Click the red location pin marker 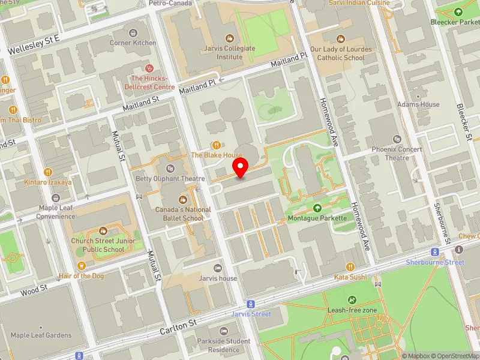pos(241,167)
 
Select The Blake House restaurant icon pos(216,145)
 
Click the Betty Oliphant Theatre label pos(170,178)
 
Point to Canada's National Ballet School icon pos(183,200)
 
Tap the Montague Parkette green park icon pos(317,208)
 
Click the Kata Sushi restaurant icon pos(350,266)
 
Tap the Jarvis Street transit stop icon pos(251,304)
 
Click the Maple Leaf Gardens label pos(41,335)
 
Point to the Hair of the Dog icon pos(82,266)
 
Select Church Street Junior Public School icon pos(103,231)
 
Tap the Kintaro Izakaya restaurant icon pos(47,172)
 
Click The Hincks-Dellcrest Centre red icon pos(149,68)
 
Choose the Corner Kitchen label pos(133,43)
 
